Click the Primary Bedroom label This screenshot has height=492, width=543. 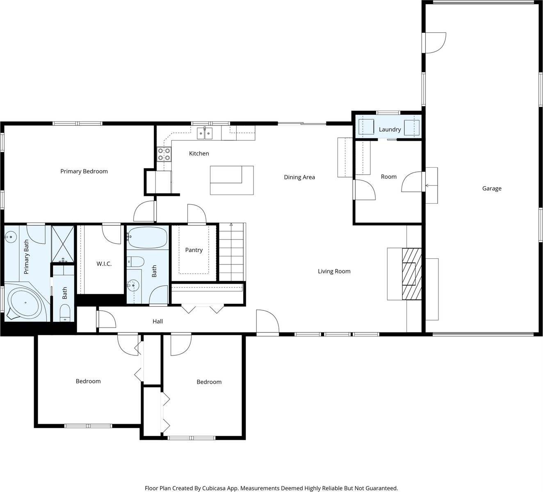pyautogui.click(x=84, y=171)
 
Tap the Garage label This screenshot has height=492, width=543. pyautogui.click(x=491, y=189)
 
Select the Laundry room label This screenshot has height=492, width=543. pyautogui.click(x=390, y=130)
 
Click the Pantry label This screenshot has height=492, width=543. pyautogui.click(x=194, y=250)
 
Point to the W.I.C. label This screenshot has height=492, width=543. pyautogui.click(x=104, y=264)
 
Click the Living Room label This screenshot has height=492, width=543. pyautogui.click(x=334, y=271)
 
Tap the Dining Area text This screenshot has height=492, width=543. pyautogui.click(x=299, y=178)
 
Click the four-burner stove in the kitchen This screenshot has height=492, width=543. pyautogui.click(x=164, y=154)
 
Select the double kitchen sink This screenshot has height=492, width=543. pyautogui.click(x=205, y=133)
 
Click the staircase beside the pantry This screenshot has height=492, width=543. pyautogui.click(x=231, y=252)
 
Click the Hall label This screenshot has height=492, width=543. pyautogui.click(x=157, y=321)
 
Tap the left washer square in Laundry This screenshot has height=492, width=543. pyautogui.click(x=366, y=127)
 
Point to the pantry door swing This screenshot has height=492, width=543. pyautogui.click(x=196, y=213)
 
